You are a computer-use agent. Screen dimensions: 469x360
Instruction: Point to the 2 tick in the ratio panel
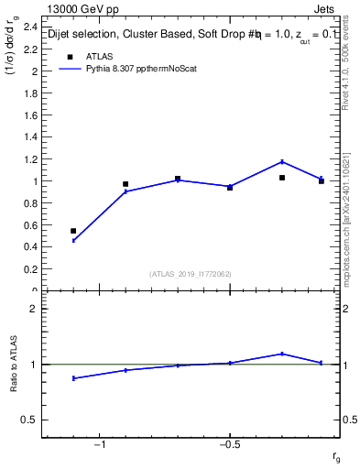point(34,310)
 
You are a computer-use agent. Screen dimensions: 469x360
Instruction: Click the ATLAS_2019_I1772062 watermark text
point(191,273)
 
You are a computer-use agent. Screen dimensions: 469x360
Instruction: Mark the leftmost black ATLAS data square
point(73,231)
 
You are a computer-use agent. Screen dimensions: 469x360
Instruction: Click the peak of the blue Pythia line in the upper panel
point(282,161)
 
